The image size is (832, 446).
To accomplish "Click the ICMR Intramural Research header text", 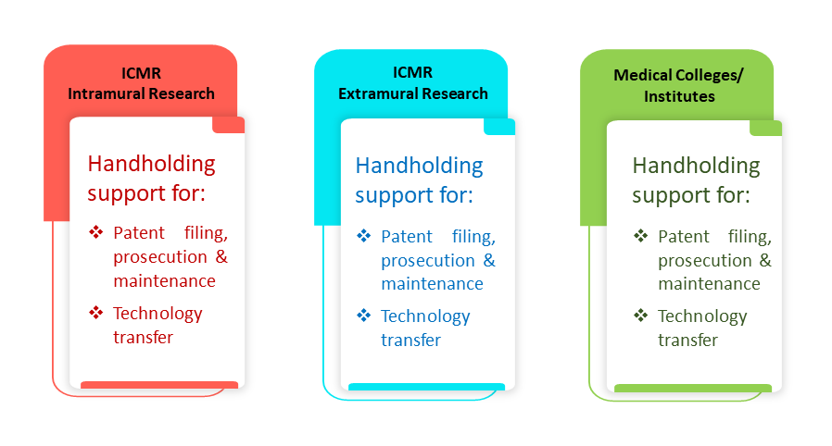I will click(x=141, y=83).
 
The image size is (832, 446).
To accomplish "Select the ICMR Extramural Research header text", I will click(x=412, y=83).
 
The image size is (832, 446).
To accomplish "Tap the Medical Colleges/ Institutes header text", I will click(x=678, y=86).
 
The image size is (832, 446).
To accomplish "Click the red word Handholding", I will click(x=151, y=164).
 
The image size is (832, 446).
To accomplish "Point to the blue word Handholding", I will click(x=419, y=167).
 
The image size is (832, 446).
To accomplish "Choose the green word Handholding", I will click(x=696, y=167).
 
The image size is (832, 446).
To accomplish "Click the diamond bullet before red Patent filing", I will click(x=96, y=231).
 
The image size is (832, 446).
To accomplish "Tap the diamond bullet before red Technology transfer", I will click(x=96, y=313).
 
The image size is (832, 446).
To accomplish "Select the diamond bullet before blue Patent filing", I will click(x=364, y=236).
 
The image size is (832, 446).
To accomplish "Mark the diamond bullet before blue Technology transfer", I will click(x=364, y=316).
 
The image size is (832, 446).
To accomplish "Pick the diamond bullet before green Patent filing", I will click(x=641, y=236).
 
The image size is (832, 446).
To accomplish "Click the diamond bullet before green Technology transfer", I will click(x=641, y=316).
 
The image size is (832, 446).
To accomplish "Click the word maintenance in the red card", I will click(x=164, y=280).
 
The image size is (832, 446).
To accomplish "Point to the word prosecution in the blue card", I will click(x=427, y=260).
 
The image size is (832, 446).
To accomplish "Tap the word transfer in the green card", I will click(x=687, y=340).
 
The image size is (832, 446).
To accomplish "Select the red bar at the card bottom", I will click(x=159, y=385).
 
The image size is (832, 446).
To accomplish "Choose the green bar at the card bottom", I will click(x=693, y=389).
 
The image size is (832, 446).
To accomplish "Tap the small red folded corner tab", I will click(x=228, y=125).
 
